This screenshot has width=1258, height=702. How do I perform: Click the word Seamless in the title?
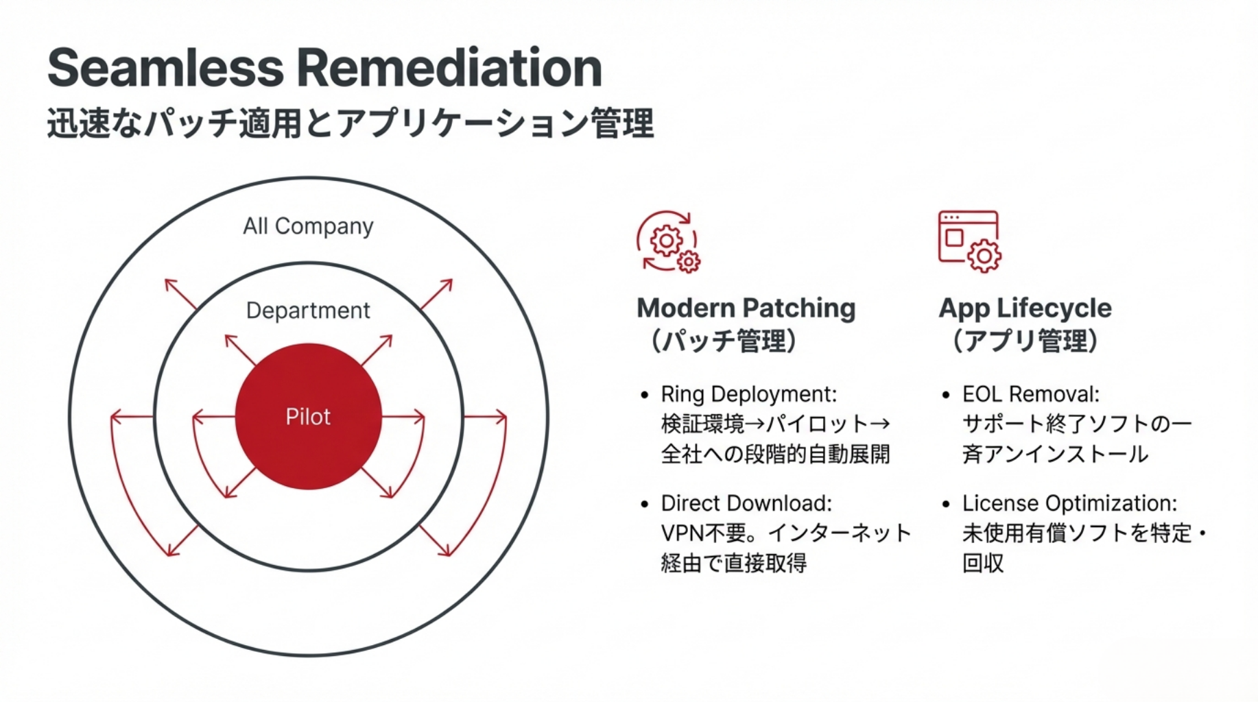point(165,68)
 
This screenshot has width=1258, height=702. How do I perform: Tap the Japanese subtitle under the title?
point(350,123)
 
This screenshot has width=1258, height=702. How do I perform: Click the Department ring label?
point(308,311)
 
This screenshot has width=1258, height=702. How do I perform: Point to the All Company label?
point(308,226)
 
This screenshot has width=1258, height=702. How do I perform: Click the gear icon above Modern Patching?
point(668,241)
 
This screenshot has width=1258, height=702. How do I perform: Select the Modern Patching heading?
point(746,308)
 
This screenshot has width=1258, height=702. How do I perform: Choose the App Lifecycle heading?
point(1025,308)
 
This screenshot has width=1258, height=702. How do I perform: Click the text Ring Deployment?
point(748,394)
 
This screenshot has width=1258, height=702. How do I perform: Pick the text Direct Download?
point(746,503)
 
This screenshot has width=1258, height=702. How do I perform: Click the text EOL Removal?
point(1030,394)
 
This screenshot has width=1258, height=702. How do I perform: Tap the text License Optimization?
point(1069,503)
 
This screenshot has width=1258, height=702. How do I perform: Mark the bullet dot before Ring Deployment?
point(644,395)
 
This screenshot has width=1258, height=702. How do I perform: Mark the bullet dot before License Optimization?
point(946,504)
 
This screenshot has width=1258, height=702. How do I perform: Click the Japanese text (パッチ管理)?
point(723,341)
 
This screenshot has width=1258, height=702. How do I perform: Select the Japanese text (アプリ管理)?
point(1025,341)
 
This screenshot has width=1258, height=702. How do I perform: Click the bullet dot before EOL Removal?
point(946,395)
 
